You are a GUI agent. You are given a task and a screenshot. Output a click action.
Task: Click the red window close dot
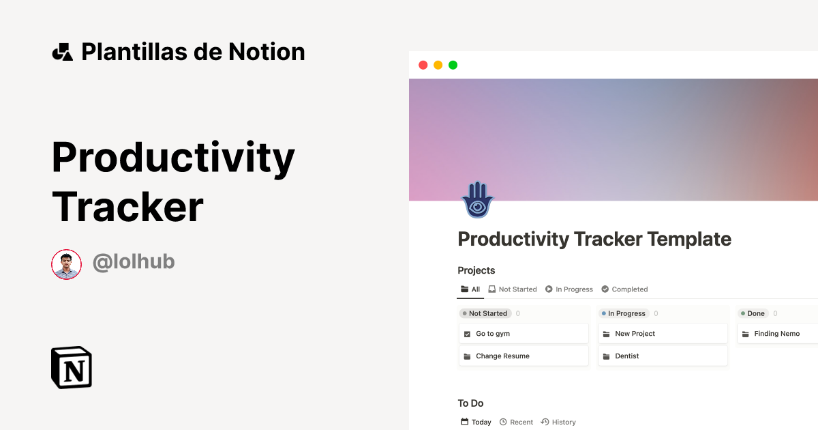pos(423,65)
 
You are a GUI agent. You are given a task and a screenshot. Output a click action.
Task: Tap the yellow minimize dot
pos(438,65)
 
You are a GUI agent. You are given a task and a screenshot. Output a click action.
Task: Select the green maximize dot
pos(453,65)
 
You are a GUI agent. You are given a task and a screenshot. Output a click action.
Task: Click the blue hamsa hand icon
pos(477,199)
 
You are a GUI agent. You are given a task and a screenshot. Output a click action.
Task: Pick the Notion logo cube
pos(72,368)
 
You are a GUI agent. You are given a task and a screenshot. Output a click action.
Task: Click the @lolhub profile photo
pos(66,264)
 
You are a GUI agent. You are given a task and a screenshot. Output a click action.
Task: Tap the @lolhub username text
pos(134,261)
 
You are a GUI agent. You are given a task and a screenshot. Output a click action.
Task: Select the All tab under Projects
pos(470,289)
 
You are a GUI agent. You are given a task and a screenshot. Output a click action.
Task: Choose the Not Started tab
pos(513,289)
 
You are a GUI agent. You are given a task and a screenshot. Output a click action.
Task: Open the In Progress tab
pos(569,289)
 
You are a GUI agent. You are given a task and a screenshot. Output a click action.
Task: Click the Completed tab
pos(624,289)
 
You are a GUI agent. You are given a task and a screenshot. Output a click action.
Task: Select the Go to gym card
pos(523,334)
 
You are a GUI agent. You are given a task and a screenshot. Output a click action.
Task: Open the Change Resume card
pos(523,356)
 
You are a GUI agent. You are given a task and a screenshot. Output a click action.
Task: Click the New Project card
pos(662,334)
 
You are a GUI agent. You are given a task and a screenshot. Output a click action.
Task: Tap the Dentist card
pos(662,356)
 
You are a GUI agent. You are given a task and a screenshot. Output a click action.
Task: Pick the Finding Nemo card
pos(777,334)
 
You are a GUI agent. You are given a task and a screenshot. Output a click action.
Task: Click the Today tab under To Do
pos(476,422)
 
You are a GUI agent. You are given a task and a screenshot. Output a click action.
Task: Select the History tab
pos(558,422)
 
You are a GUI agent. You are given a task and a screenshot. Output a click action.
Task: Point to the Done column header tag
pos(753,313)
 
